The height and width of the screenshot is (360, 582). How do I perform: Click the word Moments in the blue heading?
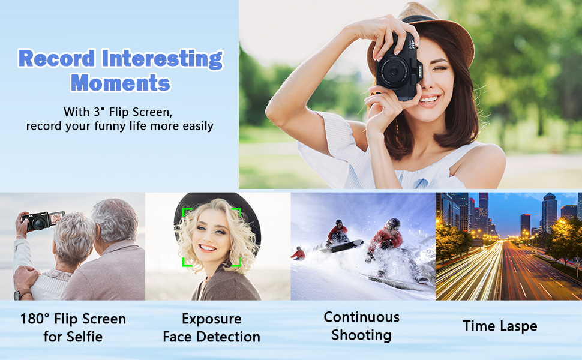[120, 82]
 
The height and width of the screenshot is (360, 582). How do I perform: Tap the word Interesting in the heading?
[162, 59]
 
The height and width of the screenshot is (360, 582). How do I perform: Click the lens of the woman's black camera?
[394, 71]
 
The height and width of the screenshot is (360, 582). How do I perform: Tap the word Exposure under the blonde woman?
[212, 319]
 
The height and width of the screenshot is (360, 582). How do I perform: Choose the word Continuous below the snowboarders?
[362, 317]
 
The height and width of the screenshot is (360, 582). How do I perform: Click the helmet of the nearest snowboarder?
[393, 224]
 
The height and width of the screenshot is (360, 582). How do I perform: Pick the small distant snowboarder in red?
[298, 253]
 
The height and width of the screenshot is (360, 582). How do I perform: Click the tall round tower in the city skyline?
[549, 214]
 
